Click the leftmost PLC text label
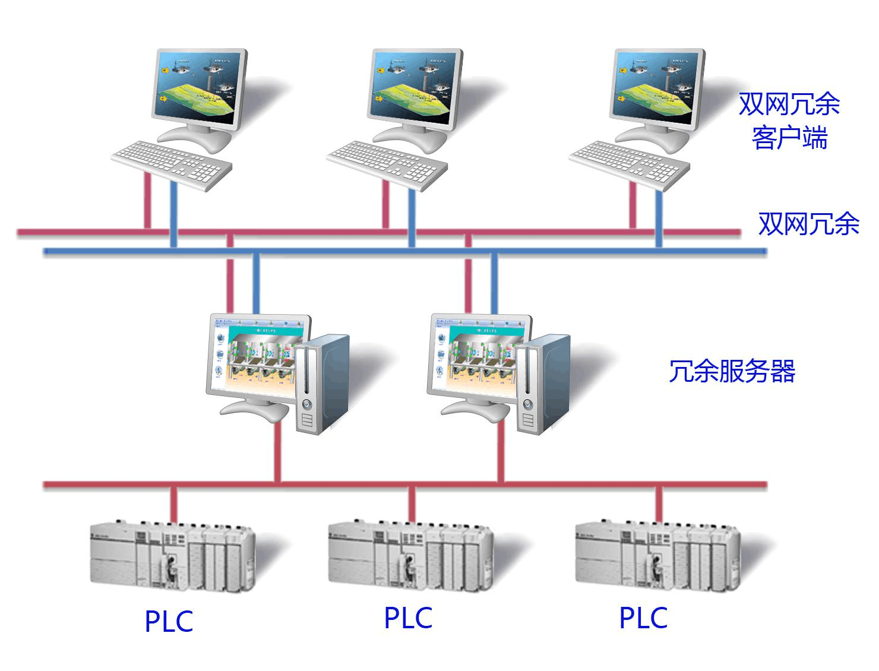coord(169,621)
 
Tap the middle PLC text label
coord(408,618)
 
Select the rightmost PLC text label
coord(643,618)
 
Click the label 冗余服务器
coord(732,372)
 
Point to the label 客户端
coord(789,138)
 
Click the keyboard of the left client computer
coord(172,164)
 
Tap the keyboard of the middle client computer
coord(387,164)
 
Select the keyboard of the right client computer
coord(630,164)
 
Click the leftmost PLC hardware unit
coord(172,557)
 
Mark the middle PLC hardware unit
coord(410,557)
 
